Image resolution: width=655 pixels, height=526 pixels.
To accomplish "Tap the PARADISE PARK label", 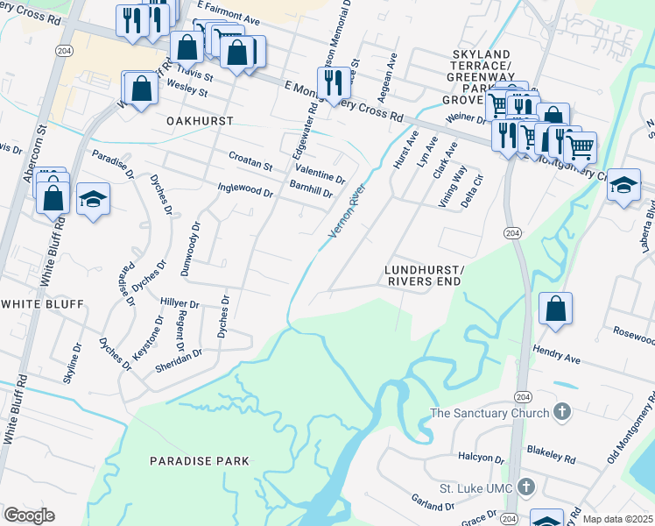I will click(x=199, y=460).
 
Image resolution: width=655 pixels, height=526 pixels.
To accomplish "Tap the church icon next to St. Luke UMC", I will click(x=525, y=487).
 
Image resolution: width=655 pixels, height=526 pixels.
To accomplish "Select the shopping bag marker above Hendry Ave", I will click(x=555, y=309).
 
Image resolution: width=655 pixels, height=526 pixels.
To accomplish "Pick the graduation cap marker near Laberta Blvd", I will click(x=623, y=185).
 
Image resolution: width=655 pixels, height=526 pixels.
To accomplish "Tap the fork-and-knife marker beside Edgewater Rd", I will click(x=333, y=83).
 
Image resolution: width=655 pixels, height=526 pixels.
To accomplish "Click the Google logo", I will click(x=29, y=515).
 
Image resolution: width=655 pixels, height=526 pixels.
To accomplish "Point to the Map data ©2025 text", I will click(x=617, y=519).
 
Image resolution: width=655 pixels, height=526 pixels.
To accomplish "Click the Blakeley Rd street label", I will click(x=551, y=453).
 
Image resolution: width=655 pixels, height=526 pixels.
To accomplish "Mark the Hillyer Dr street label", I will click(x=180, y=302).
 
